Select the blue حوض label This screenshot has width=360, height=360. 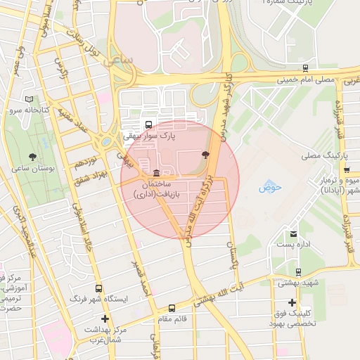click(x=270, y=187)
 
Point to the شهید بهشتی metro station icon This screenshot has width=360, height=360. click(x=298, y=272)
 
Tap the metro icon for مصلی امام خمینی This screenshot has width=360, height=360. click(x=304, y=68)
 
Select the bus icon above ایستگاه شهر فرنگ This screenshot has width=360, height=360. click(x=98, y=288)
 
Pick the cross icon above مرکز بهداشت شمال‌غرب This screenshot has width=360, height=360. click(x=105, y=319)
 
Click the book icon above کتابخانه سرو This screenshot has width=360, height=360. click(x=29, y=100)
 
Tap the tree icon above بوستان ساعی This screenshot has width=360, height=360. click(x=32, y=157)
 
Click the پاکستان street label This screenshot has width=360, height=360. click(x=229, y=255)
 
